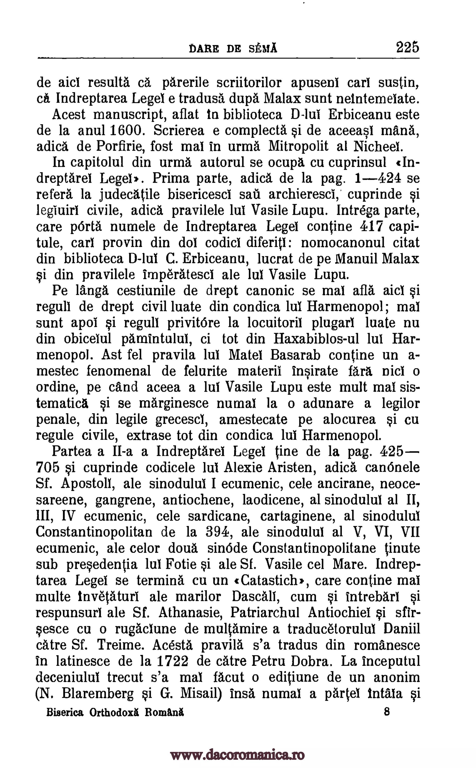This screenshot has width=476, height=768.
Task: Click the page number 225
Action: coord(407,48)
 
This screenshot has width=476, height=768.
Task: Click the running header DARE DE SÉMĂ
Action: coord(233,49)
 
